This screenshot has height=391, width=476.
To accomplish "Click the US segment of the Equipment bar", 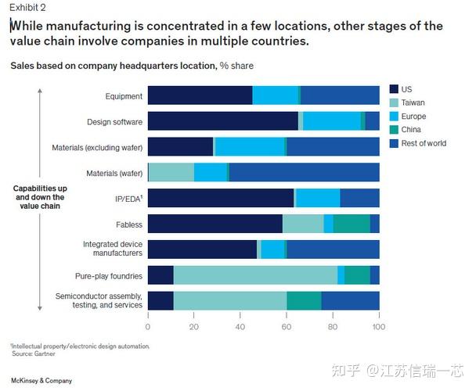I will (200, 96).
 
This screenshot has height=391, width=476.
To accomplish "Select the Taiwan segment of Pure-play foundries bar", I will (255, 274).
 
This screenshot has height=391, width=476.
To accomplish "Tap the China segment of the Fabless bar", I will (352, 224).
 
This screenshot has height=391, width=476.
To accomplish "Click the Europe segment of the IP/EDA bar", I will (318, 198).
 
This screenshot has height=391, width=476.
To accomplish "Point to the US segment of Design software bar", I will (222, 121).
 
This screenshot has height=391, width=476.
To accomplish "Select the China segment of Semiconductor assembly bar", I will (304, 300).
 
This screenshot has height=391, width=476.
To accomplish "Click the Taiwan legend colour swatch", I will (395, 102).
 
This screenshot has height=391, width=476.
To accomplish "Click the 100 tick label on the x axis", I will (379, 325).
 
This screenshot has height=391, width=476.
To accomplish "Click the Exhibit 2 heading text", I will (27, 9).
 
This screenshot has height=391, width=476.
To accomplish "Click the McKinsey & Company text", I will (41, 381).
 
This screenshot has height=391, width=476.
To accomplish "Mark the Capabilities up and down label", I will (38, 198).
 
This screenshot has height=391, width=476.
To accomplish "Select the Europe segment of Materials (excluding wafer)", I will (249, 147).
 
